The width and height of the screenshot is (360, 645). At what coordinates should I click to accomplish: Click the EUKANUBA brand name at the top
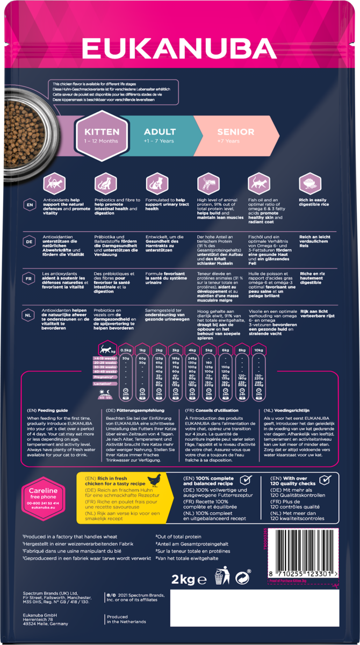pos(179,48)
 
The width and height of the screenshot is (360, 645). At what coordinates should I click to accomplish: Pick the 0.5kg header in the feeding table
pos(126,350)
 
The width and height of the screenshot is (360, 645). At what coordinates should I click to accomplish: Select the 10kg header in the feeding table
pos(259,350)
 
